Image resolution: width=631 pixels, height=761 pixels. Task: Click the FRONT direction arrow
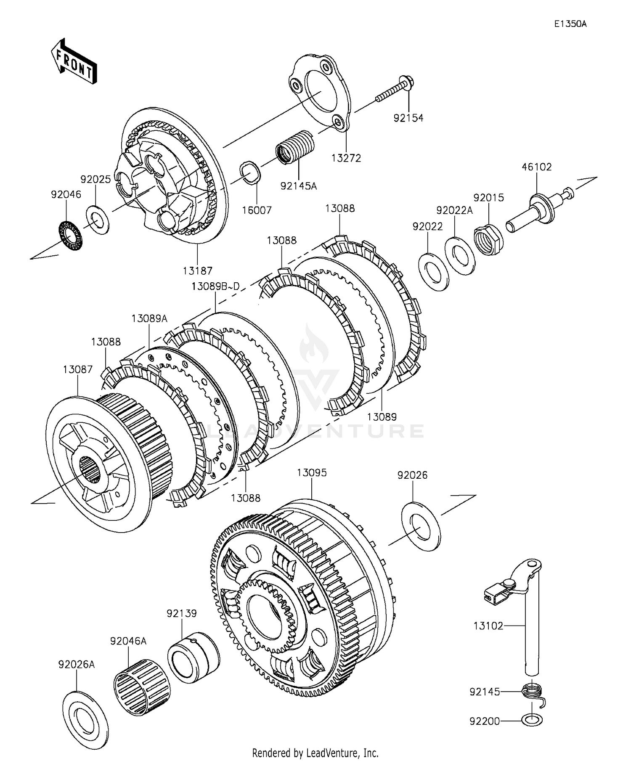pos(74,62)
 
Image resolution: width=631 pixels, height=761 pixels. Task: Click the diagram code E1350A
pos(570,24)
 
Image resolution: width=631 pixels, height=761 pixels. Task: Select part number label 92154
pos(408,118)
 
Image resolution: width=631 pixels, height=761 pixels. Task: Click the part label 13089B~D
pos(215,286)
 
